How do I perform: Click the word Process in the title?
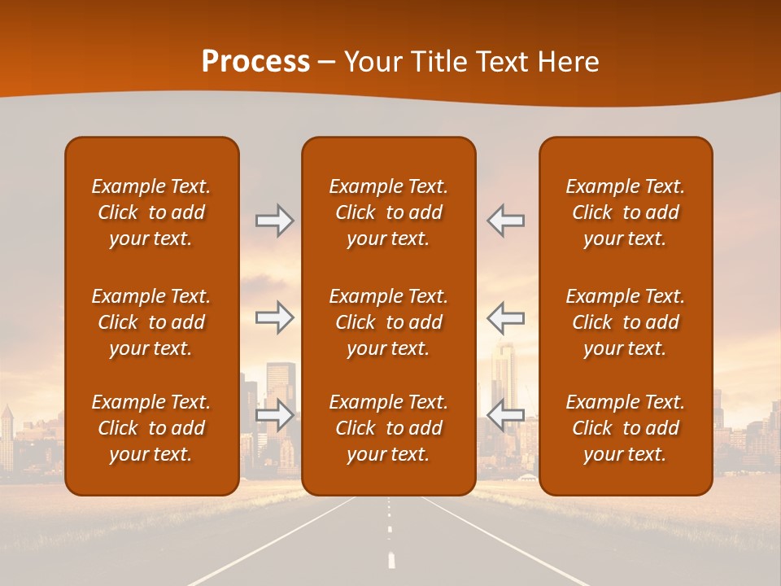[255, 62]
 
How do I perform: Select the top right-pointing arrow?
[274, 221]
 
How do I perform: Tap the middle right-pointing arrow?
[274, 317]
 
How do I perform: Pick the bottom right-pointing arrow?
[274, 415]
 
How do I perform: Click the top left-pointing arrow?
[505, 221]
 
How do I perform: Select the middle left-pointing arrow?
[505, 317]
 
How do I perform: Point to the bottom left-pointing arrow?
[505, 415]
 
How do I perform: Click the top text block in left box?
[151, 212]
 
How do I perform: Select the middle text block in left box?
[151, 322]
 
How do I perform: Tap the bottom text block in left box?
[151, 428]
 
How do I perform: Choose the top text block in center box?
[388, 212]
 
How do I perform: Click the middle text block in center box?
[388, 322]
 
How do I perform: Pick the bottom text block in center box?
[388, 428]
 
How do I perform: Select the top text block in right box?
[625, 212]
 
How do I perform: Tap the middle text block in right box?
[625, 322]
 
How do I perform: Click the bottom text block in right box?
[625, 428]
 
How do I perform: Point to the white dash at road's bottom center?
[391, 560]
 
